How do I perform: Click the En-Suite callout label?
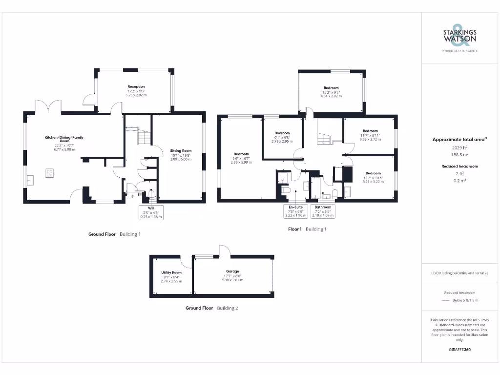click(x=295, y=211)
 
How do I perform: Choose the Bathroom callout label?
click(x=323, y=211)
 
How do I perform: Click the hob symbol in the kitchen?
click(x=49, y=173)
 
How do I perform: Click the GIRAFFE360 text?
click(x=459, y=350)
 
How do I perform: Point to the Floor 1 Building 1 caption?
click(x=307, y=229)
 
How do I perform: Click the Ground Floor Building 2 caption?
click(x=211, y=308)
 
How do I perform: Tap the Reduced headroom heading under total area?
click(x=459, y=167)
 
